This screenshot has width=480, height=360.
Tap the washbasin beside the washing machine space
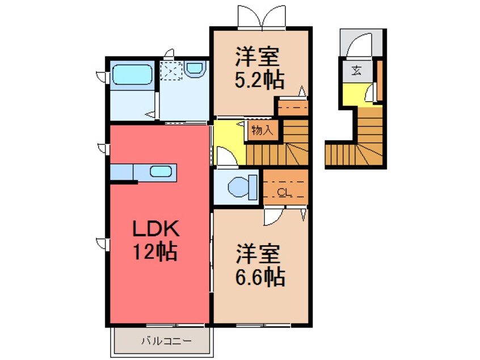tap(195, 70)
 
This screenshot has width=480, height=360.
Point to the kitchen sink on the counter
tap(161, 171)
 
